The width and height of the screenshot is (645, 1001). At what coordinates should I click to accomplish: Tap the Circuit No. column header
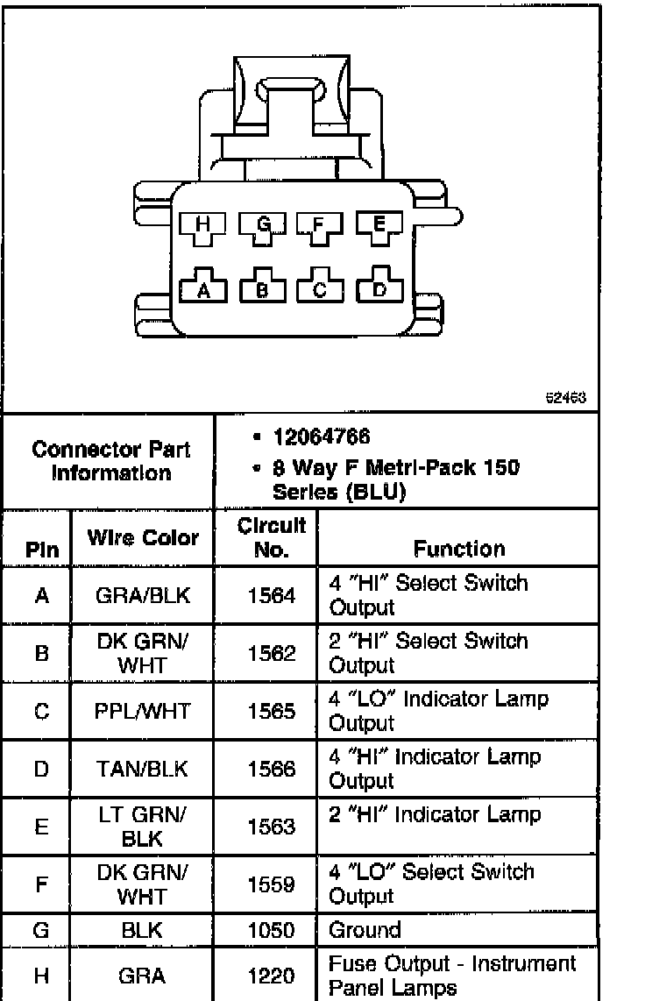pyautogui.click(x=271, y=536)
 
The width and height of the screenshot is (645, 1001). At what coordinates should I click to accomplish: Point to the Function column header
pyautogui.click(x=459, y=549)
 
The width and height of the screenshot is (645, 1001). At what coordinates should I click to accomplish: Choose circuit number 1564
pyautogui.click(x=271, y=595)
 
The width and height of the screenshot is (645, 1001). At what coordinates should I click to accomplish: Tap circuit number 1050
pyautogui.click(x=271, y=930)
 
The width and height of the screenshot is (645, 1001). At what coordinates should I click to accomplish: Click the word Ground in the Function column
pyautogui.click(x=365, y=929)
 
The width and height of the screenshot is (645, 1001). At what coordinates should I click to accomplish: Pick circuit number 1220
pyautogui.click(x=271, y=976)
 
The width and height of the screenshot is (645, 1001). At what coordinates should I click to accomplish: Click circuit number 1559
pyautogui.click(x=271, y=885)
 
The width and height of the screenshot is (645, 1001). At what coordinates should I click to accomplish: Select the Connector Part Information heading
pyautogui.click(x=110, y=461)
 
